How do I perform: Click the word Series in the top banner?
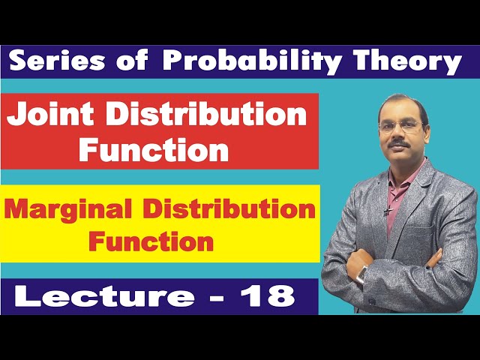click(58, 62)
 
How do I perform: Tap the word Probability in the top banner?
click(250, 62)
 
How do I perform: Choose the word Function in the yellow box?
click(151, 241)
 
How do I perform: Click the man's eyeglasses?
click(401, 127)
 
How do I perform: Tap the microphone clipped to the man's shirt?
click(387, 212)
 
